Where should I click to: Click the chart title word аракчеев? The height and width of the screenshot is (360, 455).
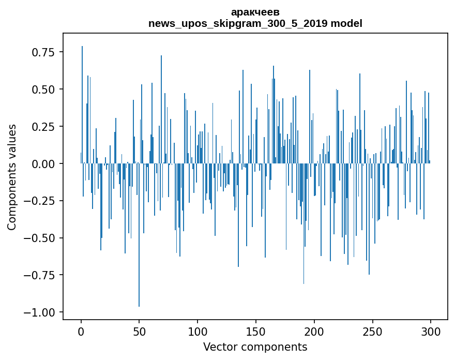pos(255,11)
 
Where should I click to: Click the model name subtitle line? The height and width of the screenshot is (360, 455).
pos(255,23)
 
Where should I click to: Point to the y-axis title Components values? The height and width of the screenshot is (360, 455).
pos(11,177)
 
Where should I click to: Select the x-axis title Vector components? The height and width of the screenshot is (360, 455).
pos(255,347)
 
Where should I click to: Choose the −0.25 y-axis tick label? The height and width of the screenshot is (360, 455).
pos(41,201)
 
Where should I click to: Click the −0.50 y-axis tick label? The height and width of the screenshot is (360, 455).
pos(41,238)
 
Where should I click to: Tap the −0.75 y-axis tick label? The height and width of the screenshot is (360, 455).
pos(41,275)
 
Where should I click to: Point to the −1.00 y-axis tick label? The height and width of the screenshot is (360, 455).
pos(41,312)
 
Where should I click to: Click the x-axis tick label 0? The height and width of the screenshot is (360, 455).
pos(81,332)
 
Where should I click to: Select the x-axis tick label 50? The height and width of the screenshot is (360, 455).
pos(139,332)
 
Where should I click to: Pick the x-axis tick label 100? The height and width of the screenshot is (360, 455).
pos(198,332)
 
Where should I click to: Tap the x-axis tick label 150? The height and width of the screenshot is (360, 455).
pos(256,332)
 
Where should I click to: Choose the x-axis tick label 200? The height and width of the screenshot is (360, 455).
pos(314,332)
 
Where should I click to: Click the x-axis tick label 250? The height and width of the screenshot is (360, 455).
pos(372,332)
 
